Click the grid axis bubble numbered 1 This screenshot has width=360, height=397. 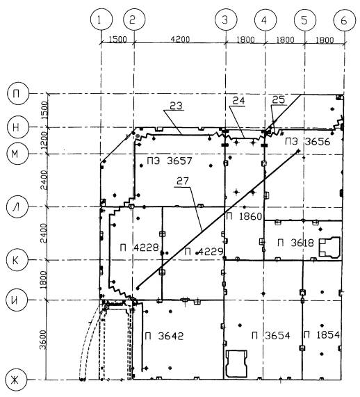(101, 19)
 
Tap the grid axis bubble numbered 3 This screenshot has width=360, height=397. (226, 19)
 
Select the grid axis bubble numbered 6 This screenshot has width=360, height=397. (345, 20)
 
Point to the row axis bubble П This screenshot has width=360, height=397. (17, 94)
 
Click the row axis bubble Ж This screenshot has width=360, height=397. (16, 380)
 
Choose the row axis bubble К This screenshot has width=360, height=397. (17, 260)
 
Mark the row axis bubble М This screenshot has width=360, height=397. (17, 154)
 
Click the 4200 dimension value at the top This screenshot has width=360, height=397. (180, 39)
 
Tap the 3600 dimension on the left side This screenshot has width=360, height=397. (44, 339)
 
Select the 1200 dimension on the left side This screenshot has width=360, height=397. (44, 140)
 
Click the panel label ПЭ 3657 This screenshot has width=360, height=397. (170, 161)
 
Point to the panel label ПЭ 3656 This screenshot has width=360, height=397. (308, 141)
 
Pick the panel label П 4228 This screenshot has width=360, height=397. (139, 248)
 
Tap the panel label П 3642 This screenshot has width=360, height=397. (164, 336)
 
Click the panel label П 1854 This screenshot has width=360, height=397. (322, 334)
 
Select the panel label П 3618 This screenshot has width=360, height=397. (295, 243)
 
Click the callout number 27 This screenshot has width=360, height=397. (183, 181)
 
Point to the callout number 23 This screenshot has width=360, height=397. (176, 106)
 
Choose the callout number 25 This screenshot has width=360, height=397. (278, 99)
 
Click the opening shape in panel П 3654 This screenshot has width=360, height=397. (236, 364)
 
